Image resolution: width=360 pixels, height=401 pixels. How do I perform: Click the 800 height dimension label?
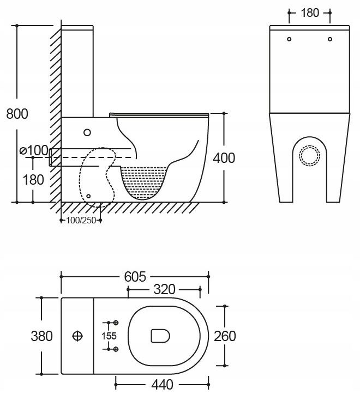coord(17,114)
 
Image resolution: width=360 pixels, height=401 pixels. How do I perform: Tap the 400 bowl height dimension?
coord(224,158)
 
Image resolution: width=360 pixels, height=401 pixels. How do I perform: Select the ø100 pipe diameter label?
coord(34,150)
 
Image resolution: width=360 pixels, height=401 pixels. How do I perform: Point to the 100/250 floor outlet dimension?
coord(81,220)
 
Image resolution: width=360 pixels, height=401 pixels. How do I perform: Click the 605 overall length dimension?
coord(135,276)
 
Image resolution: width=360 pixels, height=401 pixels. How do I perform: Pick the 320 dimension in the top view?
coord(164,289)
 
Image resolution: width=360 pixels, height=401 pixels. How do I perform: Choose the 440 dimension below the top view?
coord(163,385)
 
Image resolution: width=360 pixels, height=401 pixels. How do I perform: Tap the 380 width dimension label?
coord(42,336)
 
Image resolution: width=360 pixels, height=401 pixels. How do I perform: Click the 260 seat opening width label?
coord(225,336)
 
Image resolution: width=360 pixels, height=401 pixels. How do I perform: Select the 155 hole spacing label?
coord(109,336)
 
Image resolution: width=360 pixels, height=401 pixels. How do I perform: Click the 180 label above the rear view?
coord(310,13)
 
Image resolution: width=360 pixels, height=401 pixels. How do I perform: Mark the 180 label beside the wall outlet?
coord(33,180)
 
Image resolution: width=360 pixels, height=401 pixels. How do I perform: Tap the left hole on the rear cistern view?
coord(289,39)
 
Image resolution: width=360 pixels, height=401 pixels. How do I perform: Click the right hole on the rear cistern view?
coord(330,39)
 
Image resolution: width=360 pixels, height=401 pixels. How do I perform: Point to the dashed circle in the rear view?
coord(310,147)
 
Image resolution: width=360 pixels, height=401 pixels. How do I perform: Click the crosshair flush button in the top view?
coord(77,336)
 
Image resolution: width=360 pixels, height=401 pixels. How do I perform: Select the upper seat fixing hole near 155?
coord(116,323)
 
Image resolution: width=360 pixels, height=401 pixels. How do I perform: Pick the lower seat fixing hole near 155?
coord(116,349)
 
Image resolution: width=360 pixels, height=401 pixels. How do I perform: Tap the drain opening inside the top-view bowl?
coord(160,336)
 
